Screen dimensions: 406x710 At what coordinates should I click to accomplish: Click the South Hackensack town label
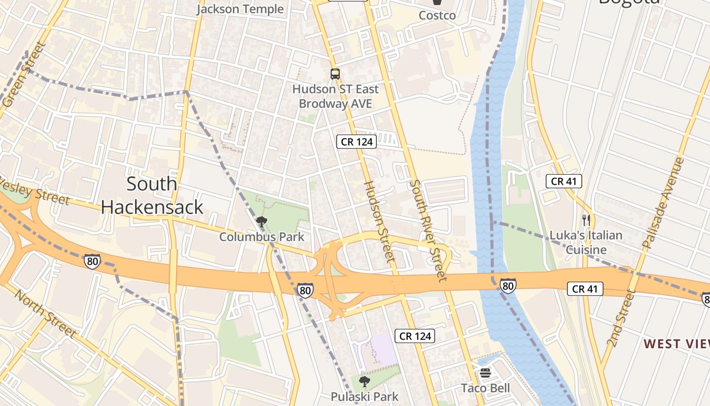pyautogui.click(x=152, y=195)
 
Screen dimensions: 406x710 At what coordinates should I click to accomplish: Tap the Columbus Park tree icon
pyautogui.click(x=262, y=222)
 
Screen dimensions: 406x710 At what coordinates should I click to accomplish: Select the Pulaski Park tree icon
pyautogui.click(x=364, y=381)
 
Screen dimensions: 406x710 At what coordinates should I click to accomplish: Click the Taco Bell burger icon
pyautogui.click(x=485, y=374)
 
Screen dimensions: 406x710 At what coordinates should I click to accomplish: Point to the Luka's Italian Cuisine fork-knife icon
pyautogui.click(x=586, y=220)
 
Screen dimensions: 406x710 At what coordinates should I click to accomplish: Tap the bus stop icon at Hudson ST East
pyautogui.click(x=335, y=74)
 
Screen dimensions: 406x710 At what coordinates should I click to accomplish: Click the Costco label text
pyautogui.click(x=437, y=15)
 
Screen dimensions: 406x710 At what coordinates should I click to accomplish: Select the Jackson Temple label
pyautogui.click(x=240, y=9)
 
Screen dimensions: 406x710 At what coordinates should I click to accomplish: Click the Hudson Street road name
pyautogui.click(x=379, y=222)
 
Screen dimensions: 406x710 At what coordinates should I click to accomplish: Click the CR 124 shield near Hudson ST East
pyautogui.click(x=357, y=142)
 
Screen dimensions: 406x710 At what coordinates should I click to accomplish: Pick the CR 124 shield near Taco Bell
pyautogui.click(x=415, y=336)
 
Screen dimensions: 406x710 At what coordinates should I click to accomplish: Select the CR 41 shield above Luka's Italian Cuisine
pyautogui.click(x=564, y=181)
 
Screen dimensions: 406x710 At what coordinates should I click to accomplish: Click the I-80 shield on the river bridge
pyautogui.click(x=508, y=286)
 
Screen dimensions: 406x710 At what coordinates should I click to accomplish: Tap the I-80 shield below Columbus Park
pyautogui.click(x=305, y=290)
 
